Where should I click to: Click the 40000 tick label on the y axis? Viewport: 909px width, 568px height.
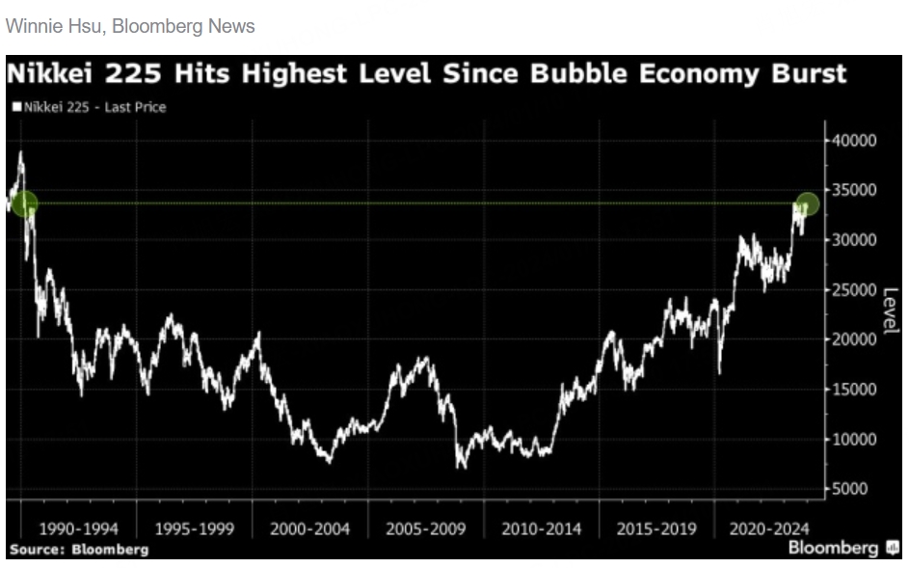tap(855, 141)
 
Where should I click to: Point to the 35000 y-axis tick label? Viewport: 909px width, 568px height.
tap(855, 190)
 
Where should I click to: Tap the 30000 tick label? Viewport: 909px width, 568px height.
tap(855, 240)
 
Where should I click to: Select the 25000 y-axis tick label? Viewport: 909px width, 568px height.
tap(855, 290)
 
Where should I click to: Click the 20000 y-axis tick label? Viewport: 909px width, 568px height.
tap(855, 339)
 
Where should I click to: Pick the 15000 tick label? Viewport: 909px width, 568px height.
tap(855, 390)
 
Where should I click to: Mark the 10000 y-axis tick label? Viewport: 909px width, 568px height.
tap(855, 440)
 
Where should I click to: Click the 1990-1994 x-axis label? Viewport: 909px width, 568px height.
tap(79, 528)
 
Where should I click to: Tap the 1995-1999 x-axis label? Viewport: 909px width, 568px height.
tap(195, 528)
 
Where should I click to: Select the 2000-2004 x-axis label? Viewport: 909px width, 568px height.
tap(310, 528)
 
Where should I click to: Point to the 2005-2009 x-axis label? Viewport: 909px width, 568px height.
tap(426, 528)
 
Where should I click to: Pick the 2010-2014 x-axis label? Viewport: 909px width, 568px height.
tap(541, 528)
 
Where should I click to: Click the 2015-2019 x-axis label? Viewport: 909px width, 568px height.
tap(656, 528)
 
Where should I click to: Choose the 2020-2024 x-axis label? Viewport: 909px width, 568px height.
tap(770, 528)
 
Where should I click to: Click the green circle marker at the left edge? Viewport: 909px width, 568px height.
tap(24, 203)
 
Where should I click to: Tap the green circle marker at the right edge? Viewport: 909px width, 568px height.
tap(807, 203)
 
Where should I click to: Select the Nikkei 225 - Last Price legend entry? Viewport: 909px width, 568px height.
tap(89, 107)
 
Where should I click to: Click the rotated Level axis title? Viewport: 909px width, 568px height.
tap(890, 310)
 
